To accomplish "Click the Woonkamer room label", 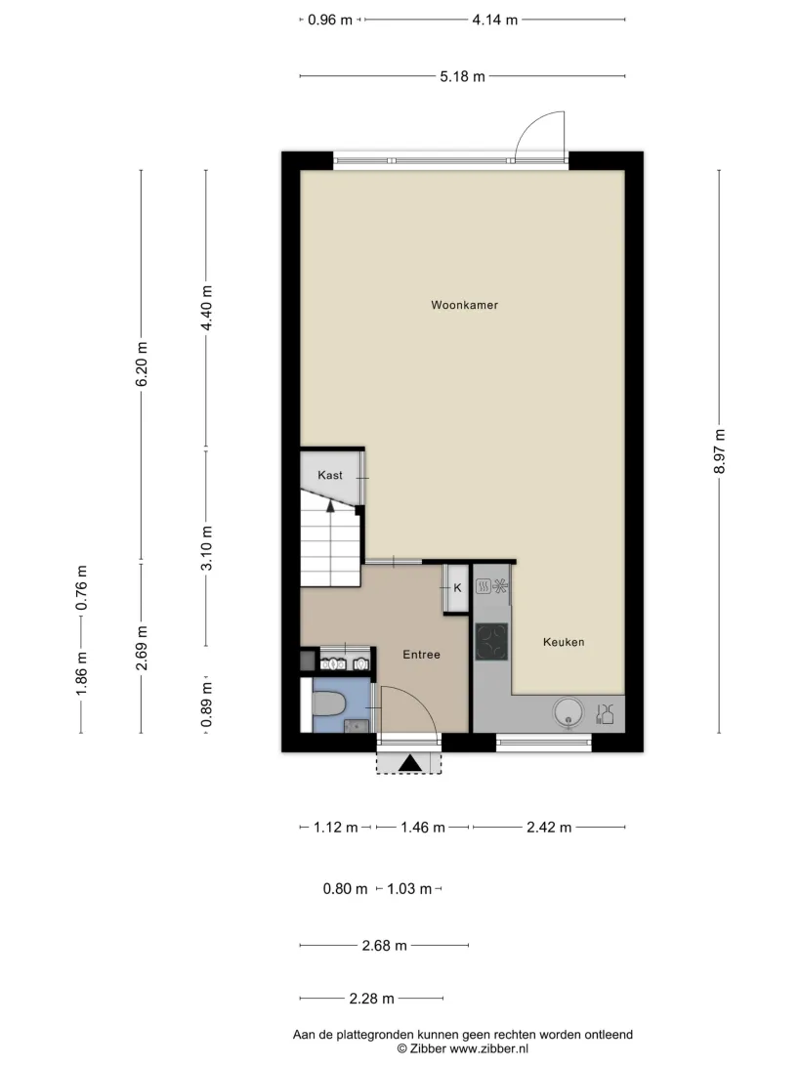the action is point(465,305).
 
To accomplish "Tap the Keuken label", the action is point(564,642).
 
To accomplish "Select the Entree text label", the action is point(421,655).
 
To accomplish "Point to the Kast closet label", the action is point(330,475).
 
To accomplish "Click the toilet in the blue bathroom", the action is point(329,704).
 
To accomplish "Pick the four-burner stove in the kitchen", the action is point(491,642).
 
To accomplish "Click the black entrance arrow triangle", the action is point(410,763).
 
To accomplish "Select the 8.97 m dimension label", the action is point(719,451).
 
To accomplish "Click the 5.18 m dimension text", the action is point(463,76).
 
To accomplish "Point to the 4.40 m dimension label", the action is point(206,308).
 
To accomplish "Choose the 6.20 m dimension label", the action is point(142,364).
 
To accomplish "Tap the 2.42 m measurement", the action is point(549,828).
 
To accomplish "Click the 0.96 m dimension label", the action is point(330,20).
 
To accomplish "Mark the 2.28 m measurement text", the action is point(371,999).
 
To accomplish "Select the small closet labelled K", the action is point(456,588).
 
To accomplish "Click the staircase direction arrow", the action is point(330,505).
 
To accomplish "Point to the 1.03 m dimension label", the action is point(409,889).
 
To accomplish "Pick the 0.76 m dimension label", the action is point(81,587).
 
